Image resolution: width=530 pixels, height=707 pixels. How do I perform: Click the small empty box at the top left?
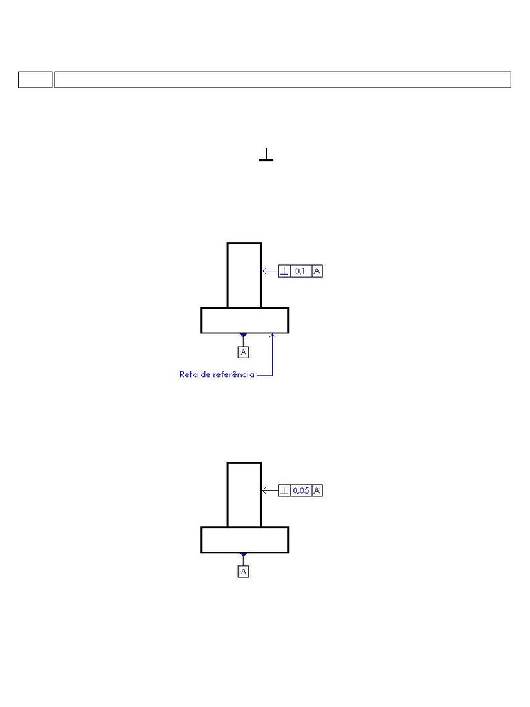(35, 79)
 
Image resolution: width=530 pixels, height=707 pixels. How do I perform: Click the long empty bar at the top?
(282, 79)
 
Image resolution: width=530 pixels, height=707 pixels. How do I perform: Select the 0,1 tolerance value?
(301, 271)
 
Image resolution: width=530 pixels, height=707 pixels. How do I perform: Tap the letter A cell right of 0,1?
(317, 271)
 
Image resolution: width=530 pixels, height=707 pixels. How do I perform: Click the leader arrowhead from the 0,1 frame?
(264, 271)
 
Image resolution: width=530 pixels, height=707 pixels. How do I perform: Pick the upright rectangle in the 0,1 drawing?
(244, 275)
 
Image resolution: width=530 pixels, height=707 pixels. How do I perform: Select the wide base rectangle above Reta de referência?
(244, 320)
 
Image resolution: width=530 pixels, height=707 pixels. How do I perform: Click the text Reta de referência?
(217, 375)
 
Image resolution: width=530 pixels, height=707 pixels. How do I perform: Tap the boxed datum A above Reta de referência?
(243, 352)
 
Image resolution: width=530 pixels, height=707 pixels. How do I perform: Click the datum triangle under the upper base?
(243, 336)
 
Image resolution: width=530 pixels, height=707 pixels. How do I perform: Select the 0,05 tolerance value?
(301, 491)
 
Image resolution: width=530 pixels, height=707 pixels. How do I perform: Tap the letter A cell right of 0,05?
(317, 491)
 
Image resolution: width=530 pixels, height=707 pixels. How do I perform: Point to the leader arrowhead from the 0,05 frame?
(264, 491)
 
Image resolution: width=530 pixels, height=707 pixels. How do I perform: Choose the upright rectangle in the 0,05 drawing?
(244, 494)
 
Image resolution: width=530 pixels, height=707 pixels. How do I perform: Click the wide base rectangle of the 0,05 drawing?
(244, 540)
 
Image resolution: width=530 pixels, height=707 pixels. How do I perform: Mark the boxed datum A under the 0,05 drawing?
(243, 572)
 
